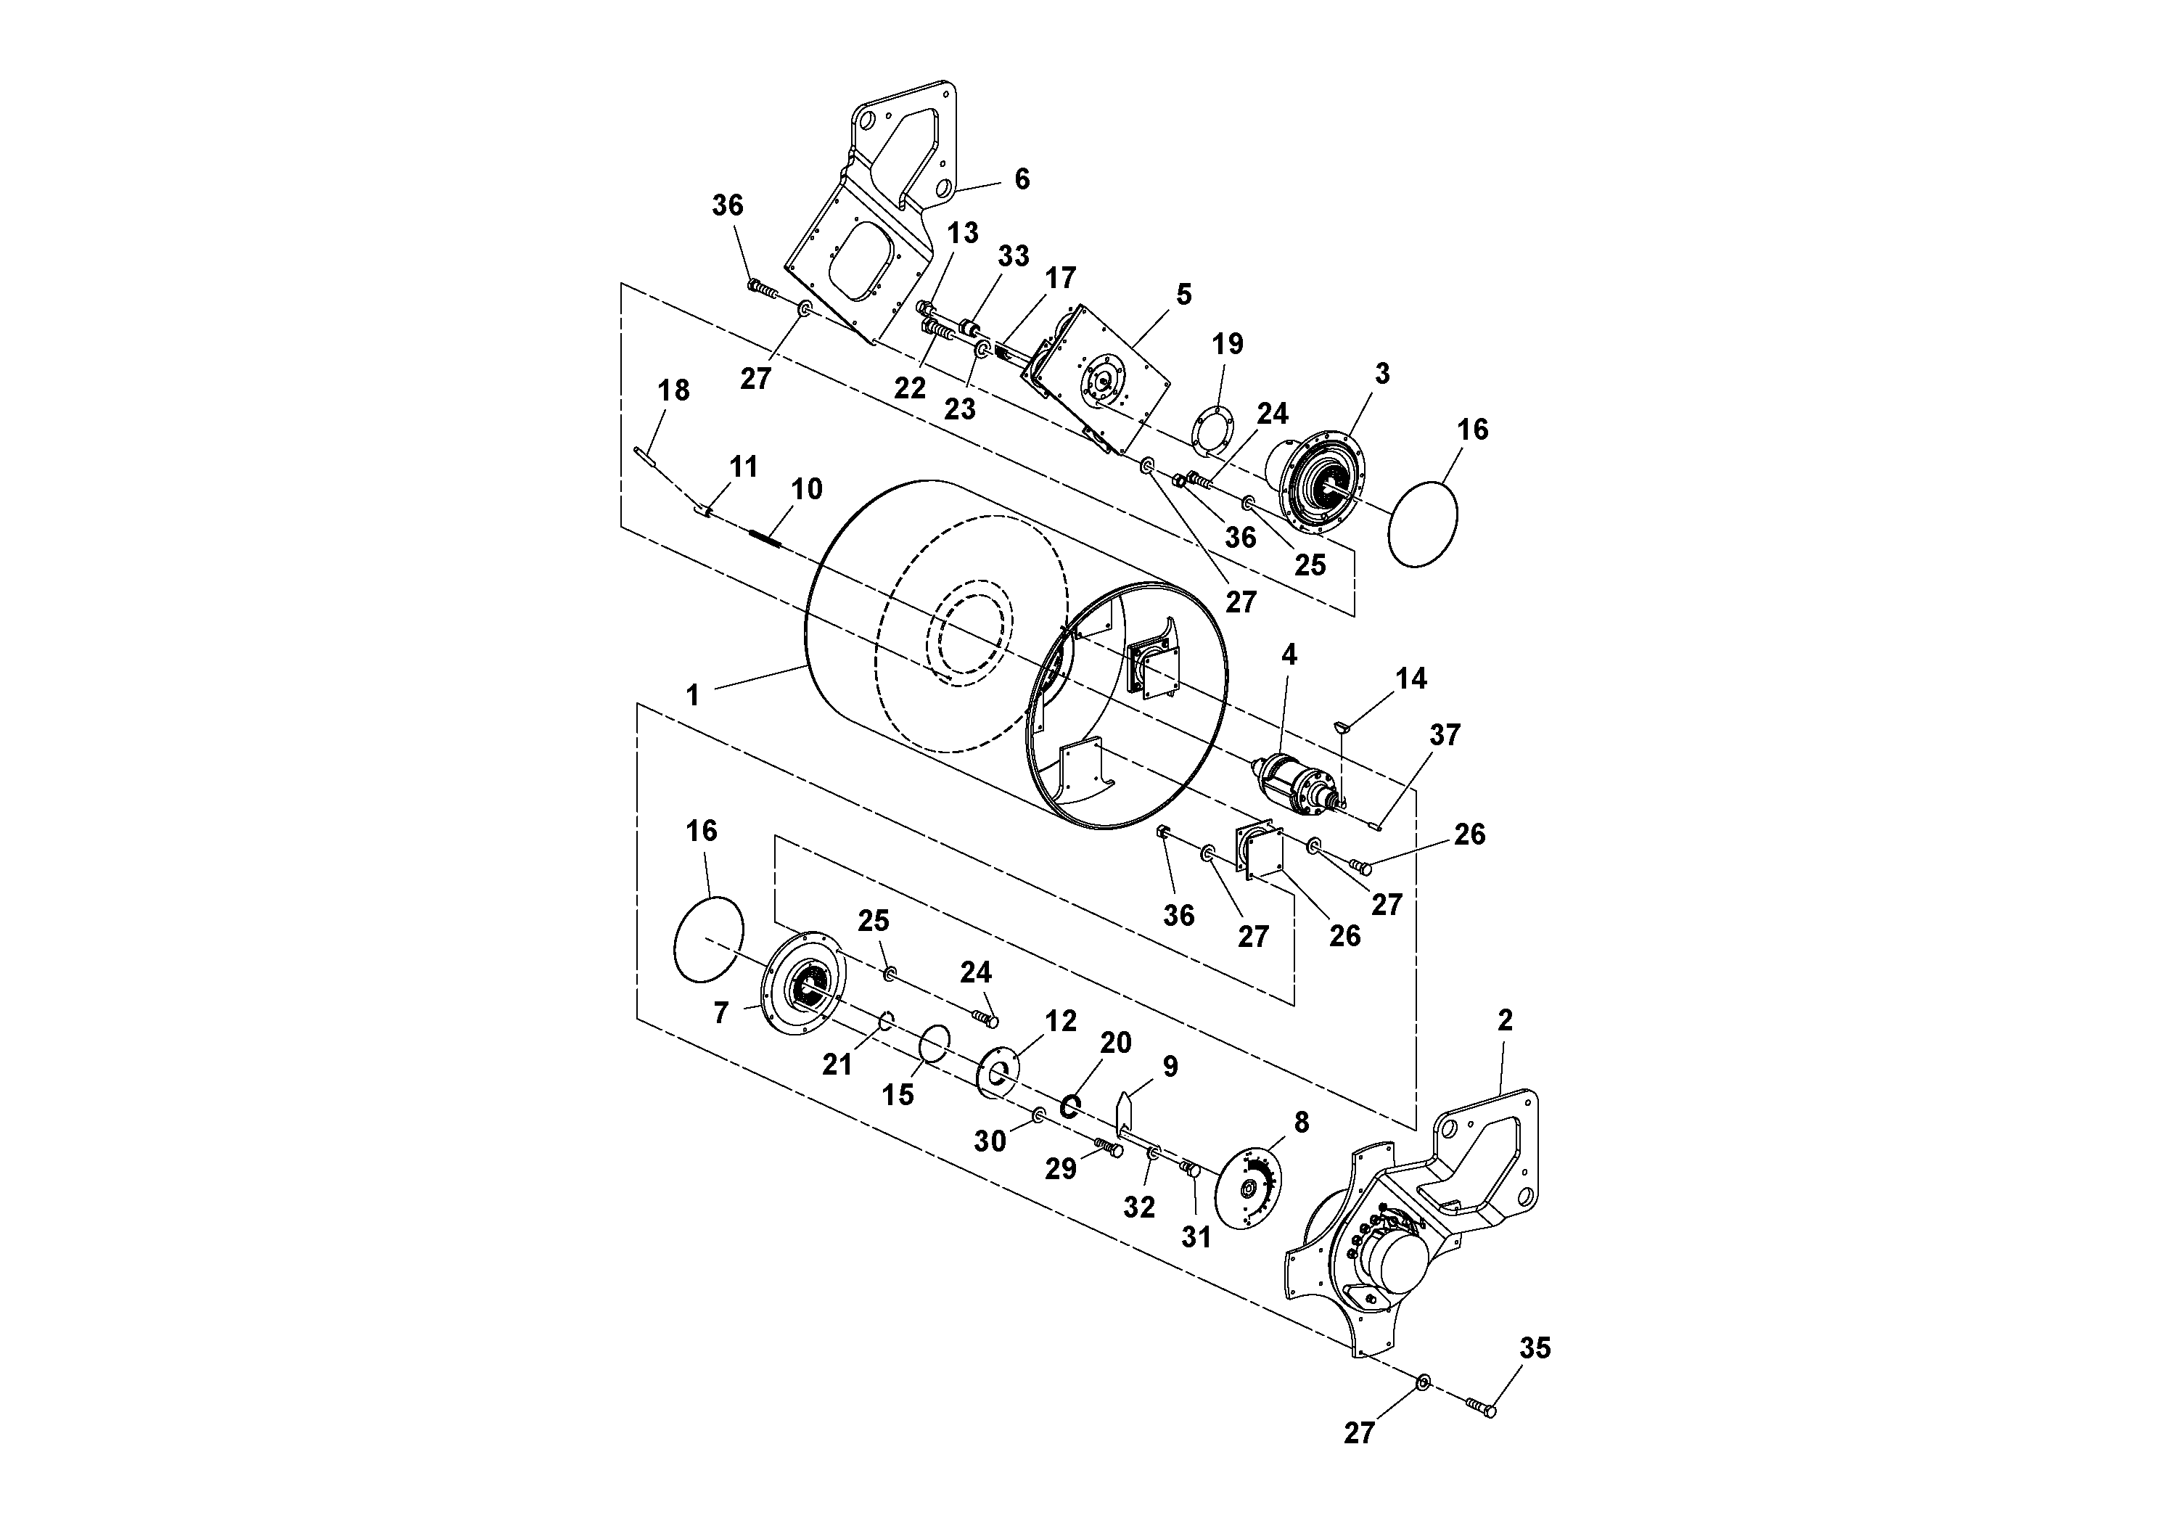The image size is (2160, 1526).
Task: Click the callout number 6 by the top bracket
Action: point(1022,179)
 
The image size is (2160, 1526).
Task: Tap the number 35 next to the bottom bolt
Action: point(1535,1348)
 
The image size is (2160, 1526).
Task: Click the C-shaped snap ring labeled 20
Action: point(1069,1105)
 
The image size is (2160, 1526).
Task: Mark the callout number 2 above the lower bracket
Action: point(1504,1020)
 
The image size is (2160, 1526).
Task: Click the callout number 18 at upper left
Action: point(673,390)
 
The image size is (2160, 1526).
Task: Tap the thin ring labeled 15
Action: point(935,1043)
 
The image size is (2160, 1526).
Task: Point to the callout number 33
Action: point(1013,256)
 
